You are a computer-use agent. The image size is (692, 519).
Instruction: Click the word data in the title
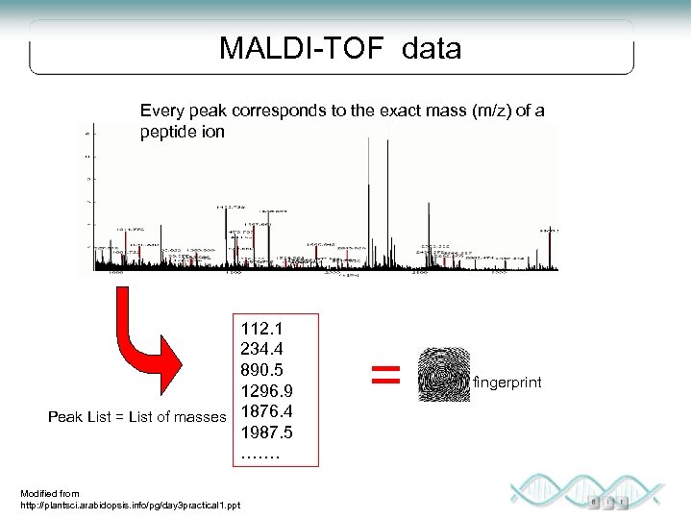click(432, 49)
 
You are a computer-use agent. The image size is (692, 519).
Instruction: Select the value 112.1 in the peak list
click(261, 329)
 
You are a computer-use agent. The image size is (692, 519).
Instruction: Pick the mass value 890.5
click(261, 370)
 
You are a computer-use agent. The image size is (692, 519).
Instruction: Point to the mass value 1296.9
click(266, 391)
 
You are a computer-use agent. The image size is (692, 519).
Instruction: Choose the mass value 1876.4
click(266, 411)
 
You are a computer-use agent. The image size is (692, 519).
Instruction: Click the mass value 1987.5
click(266, 432)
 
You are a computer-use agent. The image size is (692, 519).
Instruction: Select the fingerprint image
click(444, 375)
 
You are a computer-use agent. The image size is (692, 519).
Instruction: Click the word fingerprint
click(507, 383)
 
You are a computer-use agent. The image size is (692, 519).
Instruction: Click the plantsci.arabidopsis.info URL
click(131, 506)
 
